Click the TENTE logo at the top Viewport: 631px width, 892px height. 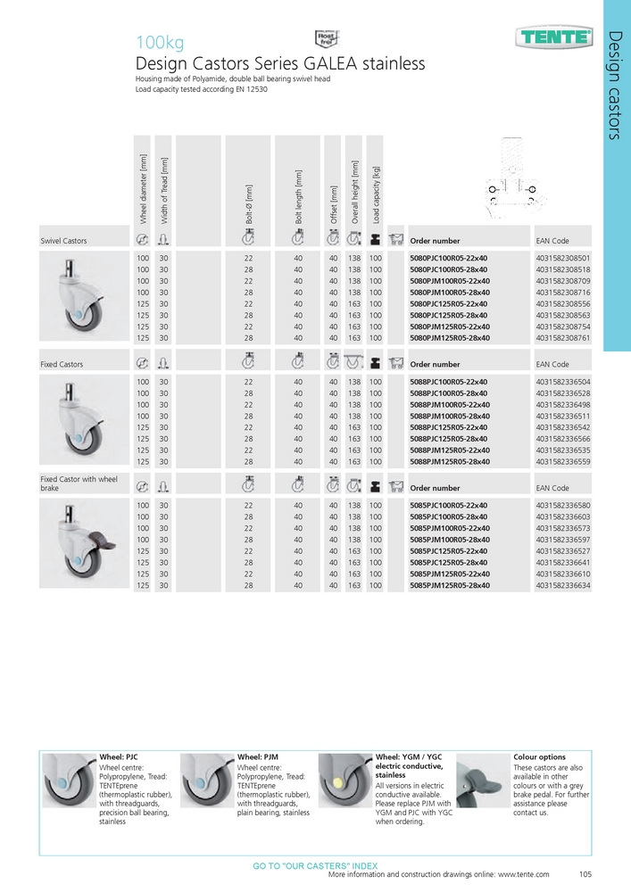click(554, 37)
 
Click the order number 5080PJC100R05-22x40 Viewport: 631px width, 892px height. click(448, 258)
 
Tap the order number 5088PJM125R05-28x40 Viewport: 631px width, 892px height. click(448, 462)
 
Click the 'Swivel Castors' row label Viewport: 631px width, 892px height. click(63, 241)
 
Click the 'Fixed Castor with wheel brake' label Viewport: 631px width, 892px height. click(79, 483)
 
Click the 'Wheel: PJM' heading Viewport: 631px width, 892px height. click(258, 756)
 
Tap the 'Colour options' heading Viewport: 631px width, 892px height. click(539, 756)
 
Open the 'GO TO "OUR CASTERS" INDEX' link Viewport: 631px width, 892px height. click(315, 866)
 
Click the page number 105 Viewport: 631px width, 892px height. click(586, 875)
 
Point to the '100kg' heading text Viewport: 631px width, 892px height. click(159, 42)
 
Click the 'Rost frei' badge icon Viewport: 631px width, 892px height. click(325, 37)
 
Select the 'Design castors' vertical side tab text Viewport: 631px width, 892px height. click(615, 86)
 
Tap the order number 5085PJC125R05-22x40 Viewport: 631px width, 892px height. click(448, 551)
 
